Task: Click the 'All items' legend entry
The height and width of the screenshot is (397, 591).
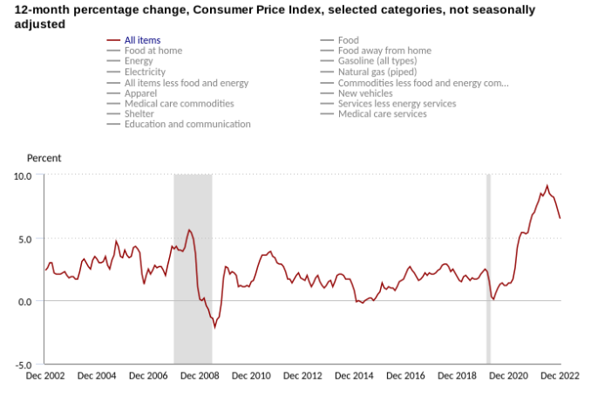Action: (141, 40)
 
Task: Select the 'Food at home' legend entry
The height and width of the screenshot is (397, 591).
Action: (152, 51)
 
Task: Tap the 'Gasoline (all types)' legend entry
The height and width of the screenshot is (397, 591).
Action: (384, 61)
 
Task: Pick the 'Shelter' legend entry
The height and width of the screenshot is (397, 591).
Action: (139, 113)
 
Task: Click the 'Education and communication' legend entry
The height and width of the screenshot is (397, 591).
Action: (187, 124)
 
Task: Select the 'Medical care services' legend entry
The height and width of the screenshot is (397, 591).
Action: (382, 113)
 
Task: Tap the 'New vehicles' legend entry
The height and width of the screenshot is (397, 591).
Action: (365, 92)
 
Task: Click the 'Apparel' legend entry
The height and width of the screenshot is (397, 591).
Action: (140, 92)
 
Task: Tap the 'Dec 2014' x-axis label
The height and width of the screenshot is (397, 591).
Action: (354, 376)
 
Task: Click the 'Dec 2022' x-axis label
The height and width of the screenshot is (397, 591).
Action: (560, 376)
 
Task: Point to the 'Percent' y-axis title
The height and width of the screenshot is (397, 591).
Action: (44, 158)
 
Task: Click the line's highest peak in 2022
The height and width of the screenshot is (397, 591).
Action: (547, 186)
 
